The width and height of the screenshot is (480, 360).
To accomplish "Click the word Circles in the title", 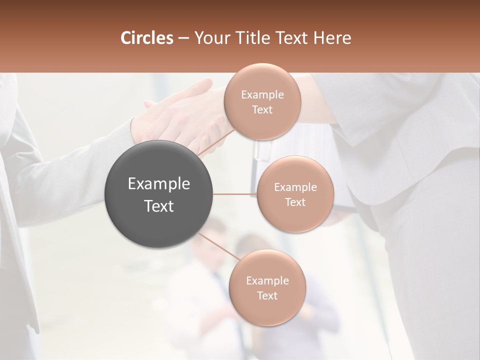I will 146,38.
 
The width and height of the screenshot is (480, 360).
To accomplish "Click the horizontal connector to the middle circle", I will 235,194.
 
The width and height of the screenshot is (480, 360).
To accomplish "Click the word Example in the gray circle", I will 159,184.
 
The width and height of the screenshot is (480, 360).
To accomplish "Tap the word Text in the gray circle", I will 159,206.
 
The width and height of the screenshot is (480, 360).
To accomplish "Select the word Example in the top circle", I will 262,95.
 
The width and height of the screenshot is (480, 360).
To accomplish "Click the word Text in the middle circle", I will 295,202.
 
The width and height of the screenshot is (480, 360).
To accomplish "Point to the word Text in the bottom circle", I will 267,296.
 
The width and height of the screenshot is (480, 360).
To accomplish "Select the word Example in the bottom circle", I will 267,281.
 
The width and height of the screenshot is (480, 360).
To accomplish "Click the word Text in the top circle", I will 262,110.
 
